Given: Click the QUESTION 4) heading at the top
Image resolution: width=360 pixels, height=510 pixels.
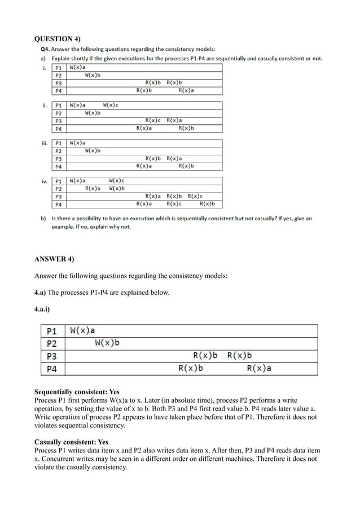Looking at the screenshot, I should click(58, 39).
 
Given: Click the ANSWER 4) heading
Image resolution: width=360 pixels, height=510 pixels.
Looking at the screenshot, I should click(54, 259).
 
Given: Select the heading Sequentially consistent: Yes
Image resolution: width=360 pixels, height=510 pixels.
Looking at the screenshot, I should click(77, 392).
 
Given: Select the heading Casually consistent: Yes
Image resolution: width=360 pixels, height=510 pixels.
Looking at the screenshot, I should click(72, 442).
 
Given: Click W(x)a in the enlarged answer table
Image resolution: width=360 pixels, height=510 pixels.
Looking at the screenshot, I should click(82, 330).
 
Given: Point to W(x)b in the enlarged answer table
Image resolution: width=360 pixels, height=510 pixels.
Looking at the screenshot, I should click(107, 343).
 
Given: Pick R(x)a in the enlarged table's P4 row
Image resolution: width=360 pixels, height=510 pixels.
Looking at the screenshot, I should click(259, 369).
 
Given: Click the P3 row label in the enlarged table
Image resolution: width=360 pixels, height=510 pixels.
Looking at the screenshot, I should click(51, 356).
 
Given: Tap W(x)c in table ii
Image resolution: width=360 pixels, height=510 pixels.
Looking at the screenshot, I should click(111, 105).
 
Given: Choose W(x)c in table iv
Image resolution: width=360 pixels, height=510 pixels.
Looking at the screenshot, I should click(116, 181).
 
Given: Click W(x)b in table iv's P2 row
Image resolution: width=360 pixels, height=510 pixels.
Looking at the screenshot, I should click(116, 188).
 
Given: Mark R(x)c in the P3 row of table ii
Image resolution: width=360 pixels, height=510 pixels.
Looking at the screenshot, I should click(153, 120).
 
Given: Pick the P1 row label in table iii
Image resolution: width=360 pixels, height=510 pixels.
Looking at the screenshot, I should click(58, 143).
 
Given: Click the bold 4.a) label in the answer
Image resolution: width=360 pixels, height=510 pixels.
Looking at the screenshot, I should click(43, 292).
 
